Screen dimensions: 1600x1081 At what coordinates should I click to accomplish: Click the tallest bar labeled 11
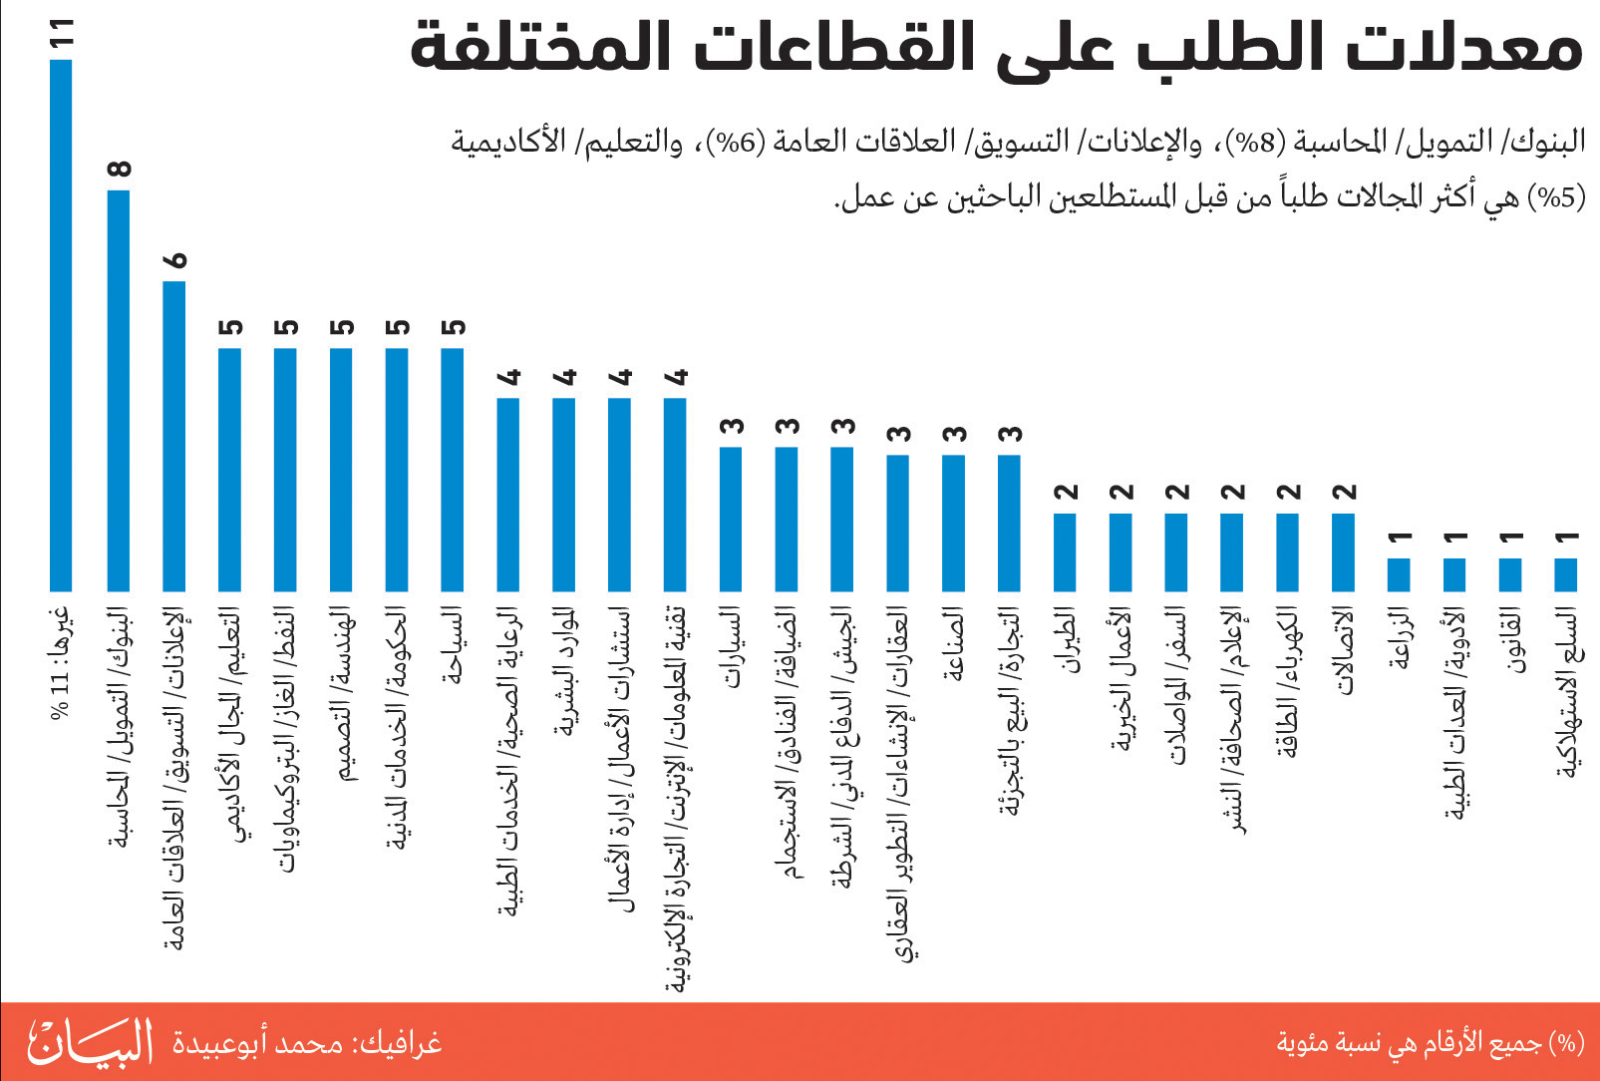[x=61, y=325]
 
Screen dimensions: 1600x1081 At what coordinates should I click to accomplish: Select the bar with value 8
[x=118, y=391]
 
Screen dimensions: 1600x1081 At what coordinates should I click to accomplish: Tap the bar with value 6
[x=173, y=437]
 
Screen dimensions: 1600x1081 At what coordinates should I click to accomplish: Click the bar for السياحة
[x=453, y=470]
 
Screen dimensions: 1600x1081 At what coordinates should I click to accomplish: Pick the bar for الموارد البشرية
[x=563, y=495]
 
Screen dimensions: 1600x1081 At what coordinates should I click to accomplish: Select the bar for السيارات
[x=731, y=520]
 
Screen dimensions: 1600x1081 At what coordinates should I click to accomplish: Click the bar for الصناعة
[x=954, y=523]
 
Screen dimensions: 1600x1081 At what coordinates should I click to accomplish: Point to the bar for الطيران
[x=1065, y=552]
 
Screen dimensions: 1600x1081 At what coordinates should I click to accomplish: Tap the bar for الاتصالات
[x=1343, y=552]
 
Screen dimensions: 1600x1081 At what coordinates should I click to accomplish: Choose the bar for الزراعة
[x=1399, y=575]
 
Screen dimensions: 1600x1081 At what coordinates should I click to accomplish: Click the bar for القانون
[x=1510, y=575]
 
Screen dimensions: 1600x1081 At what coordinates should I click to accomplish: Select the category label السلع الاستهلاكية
[x=1567, y=692]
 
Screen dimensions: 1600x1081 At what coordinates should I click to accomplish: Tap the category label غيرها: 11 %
[x=62, y=664]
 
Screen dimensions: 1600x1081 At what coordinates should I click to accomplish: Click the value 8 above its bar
[x=120, y=169]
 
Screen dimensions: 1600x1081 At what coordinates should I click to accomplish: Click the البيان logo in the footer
[x=90, y=1043]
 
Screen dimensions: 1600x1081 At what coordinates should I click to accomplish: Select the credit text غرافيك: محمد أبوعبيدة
[x=307, y=1044]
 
